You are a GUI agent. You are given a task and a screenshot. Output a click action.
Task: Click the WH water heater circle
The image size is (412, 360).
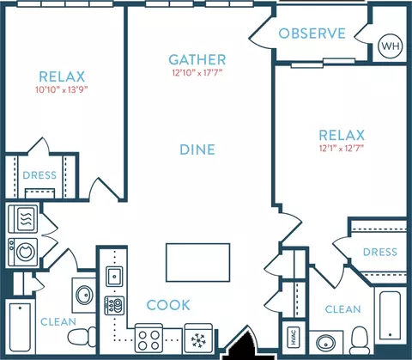click(x=391, y=46)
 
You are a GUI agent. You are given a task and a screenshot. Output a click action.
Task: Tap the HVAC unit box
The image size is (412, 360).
click(x=293, y=337)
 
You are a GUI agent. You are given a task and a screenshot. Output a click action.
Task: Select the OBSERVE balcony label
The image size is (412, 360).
click(x=312, y=34)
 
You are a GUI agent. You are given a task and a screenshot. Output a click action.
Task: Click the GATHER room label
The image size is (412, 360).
click(x=197, y=59)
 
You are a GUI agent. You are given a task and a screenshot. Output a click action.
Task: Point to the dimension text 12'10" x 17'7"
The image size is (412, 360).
click(x=197, y=73)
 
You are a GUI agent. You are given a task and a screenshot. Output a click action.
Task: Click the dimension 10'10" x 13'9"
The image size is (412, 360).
click(x=62, y=89)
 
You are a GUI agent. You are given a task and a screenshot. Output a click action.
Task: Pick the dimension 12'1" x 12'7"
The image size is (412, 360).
click(x=342, y=149)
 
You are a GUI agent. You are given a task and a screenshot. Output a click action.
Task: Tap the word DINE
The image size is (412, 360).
click(x=197, y=149)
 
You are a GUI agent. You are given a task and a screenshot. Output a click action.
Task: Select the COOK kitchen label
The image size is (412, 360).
click(x=168, y=305)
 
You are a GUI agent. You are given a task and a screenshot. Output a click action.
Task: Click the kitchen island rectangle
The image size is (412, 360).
click(x=198, y=262)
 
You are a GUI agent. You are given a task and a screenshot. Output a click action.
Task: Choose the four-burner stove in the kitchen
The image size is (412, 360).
click(x=148, y=339)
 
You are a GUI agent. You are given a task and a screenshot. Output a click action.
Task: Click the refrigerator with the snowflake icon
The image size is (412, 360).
click(x=198, y=339)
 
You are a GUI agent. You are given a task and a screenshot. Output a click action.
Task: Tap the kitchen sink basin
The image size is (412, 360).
click(x=114, y=277)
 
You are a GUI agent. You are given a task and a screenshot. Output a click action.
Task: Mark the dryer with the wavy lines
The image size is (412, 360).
click(x=23, y=218)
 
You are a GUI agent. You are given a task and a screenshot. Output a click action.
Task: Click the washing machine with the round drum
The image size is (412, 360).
click(x=23, y=252)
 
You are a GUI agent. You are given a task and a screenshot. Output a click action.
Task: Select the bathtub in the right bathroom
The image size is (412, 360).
click(x=390, y=314)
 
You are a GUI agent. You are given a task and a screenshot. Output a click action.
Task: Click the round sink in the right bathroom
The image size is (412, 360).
click(x=326, y=343)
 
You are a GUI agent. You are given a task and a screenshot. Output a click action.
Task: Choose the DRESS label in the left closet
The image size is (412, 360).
click(x=39, y=175)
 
